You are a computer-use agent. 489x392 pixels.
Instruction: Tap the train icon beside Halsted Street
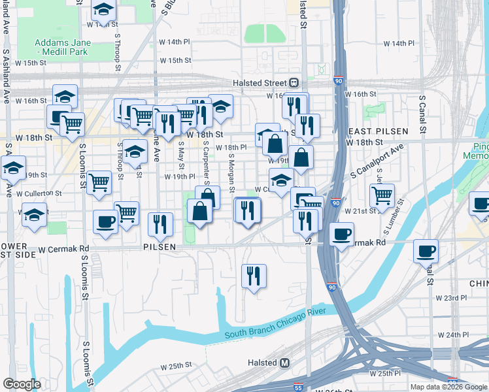pos(294,83)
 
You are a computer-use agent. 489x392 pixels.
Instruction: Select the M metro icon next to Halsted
pos(284,363)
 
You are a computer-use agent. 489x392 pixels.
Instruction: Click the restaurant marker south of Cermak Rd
pos(254,275)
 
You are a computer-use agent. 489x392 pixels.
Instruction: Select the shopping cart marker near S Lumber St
pos(382,194)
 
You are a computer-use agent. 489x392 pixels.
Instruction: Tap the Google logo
pos(22,384)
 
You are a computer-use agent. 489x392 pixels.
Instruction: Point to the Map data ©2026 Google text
pos(448,387)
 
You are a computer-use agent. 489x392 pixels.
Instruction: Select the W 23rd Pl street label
pos(451,297)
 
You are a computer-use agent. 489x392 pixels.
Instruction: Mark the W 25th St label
pos(176,365)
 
